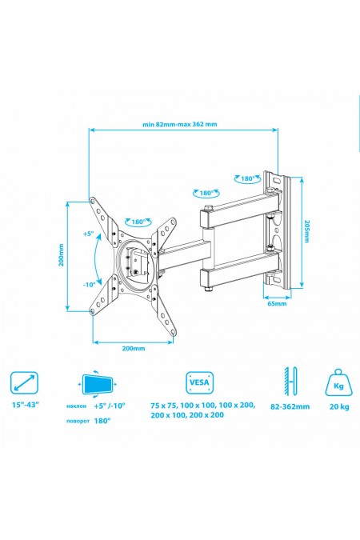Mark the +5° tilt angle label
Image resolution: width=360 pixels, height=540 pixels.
(87, 234)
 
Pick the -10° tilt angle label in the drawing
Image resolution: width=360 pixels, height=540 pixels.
(88, 283)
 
